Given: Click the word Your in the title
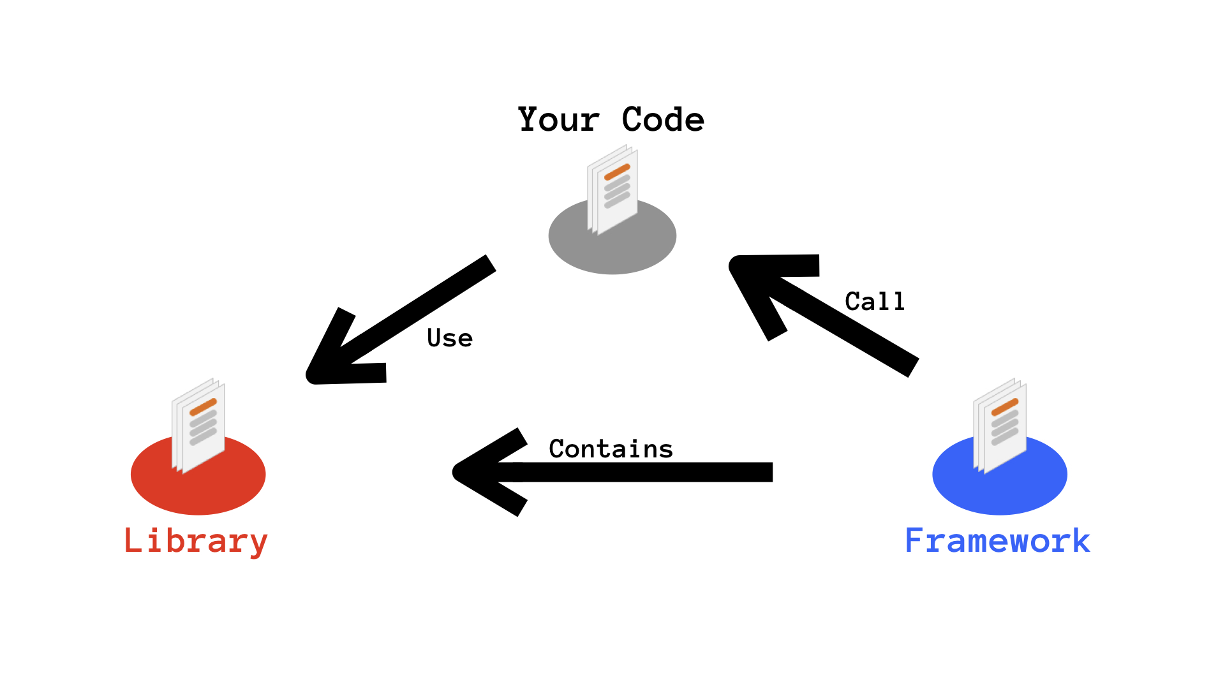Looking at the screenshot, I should pyautogui.click(x=559, y=120).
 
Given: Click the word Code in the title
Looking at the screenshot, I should pyautogui.click(x=663, y=120).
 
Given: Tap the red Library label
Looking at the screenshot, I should pyautogui.click(x=196, y=541).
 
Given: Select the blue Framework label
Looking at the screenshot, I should pyautogui.click(x=997, y=541).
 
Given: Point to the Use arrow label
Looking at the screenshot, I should pyautogui.click(x=450, y=338).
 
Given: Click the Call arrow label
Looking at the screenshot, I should pyautogui.click(x=875, y=301).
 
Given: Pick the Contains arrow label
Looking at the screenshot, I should pyautogui.click(x=611, y=449).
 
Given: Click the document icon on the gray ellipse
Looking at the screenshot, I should pyautogui.click(x=612, y=191).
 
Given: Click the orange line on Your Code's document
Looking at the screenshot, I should pyautogui.click(x=617, y=172).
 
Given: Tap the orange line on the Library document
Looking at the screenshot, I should pyautogui.click(x=204, y=406).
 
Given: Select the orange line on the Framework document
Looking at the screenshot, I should pyautogui.click(x=1005, y=406).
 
